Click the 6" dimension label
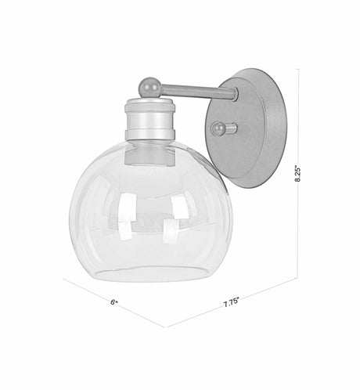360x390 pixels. pyautogui.click(x=114, y=301)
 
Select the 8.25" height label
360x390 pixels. pyautogui.click(x=297, y=172)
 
